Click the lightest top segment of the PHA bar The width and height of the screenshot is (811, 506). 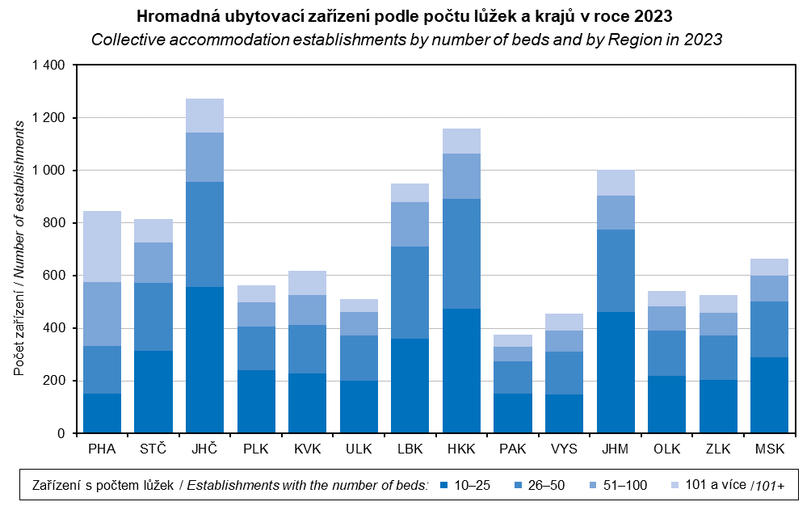(102, 247)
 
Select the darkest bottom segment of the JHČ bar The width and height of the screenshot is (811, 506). (204, 360)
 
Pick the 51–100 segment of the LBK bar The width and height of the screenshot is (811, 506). (410, 224)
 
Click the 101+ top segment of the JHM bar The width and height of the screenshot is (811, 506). (616, 183)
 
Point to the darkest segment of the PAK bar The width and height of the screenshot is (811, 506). (513, 413)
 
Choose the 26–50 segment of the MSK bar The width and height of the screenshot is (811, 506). (769, 329)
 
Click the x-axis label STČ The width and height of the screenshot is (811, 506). (153, 449)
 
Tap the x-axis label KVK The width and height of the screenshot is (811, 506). (307, 449)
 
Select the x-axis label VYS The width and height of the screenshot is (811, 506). (564, 449)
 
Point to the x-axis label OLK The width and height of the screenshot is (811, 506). (666, 449)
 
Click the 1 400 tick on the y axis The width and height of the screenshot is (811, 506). (48, 65)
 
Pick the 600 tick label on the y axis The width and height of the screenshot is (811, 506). (56, 276)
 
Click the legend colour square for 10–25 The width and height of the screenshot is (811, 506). (443, 485)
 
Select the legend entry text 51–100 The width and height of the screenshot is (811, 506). (626, 485)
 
